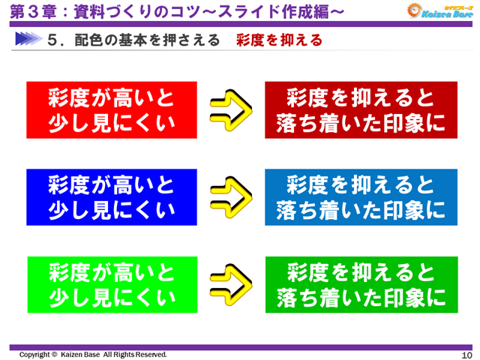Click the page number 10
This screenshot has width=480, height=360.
[x=466, y=354]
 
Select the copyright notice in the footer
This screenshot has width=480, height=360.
[x=93, y=354]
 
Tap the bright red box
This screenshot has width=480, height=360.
[x=111, y=109]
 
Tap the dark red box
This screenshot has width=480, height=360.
[x=360, y=109]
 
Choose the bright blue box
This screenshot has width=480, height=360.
[x=111, y=196]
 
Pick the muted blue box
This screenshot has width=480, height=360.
[x=360, y=196]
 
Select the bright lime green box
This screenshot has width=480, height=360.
[x=111, y=283]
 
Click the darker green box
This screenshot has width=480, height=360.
[x=360, y=283]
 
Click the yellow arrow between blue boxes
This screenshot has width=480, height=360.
[x=230, y=196]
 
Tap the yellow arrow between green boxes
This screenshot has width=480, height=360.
[x=230, y=284]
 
